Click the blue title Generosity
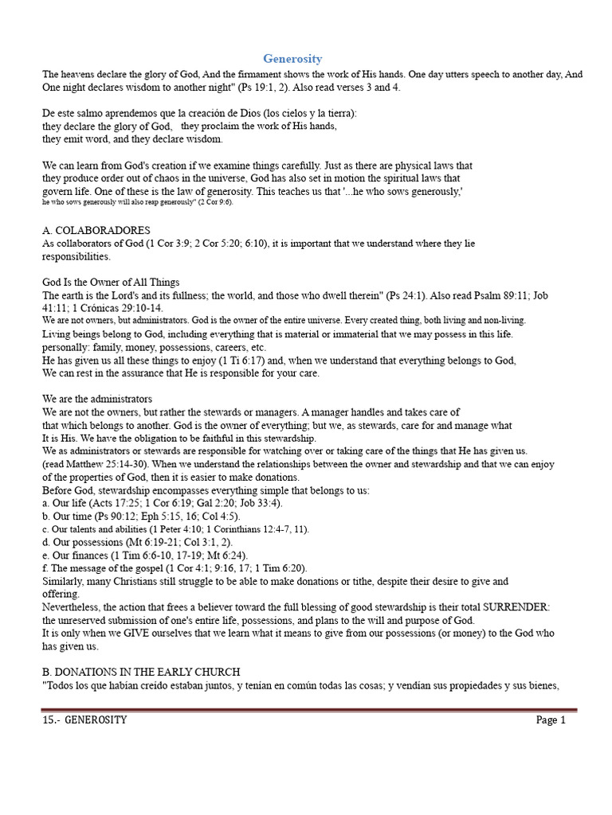pyautogui.click(x=293, y=59)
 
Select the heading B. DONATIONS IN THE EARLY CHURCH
pyautogui.click(x=141, y=673)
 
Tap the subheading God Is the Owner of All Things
pyautogui.click(x=111, y=282)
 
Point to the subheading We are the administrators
pyautogui.click(x=97, y=398)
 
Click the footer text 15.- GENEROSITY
pyautogui.click(x=84, y=720)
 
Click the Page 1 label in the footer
pyautogui.click(x=551, y=720)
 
